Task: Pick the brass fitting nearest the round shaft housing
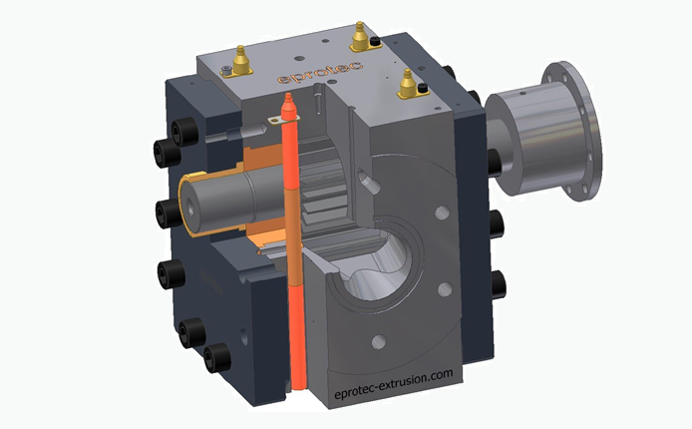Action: (x=409, y=86)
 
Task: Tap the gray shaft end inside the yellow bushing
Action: (x=214, y=200)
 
